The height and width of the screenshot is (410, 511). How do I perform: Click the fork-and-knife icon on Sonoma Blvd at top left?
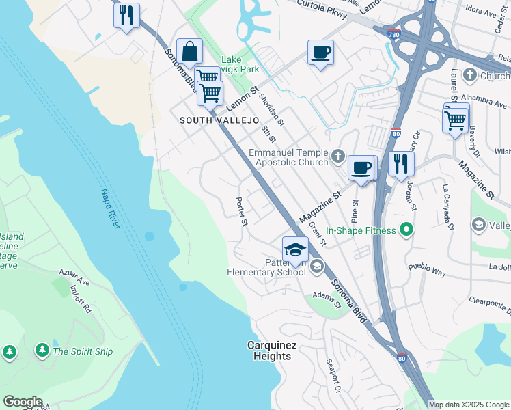click(x=126, y=16)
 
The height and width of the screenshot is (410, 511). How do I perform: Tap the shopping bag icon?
click(x=189, y=51)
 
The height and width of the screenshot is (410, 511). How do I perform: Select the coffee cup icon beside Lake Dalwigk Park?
click(x=320, y=53)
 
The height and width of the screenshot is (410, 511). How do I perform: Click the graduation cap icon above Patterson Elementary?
click(x=295, y=249)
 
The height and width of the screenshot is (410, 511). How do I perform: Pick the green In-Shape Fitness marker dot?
click(x=406, y=230)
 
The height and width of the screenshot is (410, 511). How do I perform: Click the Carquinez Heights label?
click(x=271, y=351)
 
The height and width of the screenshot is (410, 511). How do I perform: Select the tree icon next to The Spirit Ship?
click(x=42, y=351)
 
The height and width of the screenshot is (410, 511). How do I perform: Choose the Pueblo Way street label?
click(x=427, y=271)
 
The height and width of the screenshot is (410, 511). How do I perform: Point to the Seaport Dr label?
click(x=333, y=377)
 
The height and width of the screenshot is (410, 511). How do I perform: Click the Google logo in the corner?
click(x=23, y=402)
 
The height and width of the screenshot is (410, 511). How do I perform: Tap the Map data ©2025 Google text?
click(x=469, y=405)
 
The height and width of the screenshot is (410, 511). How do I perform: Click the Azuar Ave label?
click(x=74, y=277)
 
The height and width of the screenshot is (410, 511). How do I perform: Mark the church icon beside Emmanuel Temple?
click(x=337, y=157)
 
